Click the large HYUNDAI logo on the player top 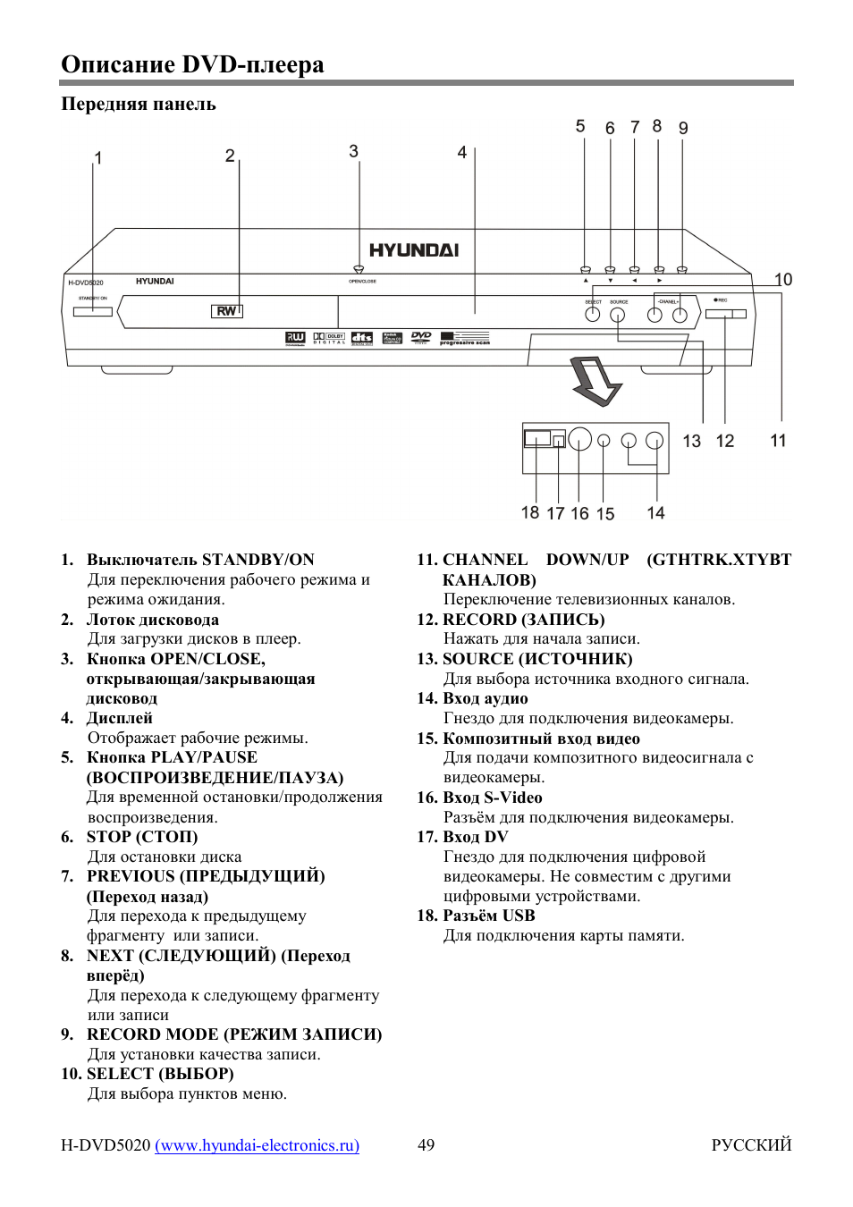click(x=414, y=250)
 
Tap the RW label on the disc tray click(x=227, y=311)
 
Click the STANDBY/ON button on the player click(x=93, y=311)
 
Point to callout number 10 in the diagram click(x=783, y=280)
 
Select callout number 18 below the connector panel click(x=530, y=512)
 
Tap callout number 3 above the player click(x=353, y=151)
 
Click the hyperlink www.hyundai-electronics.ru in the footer click(x=258, y=1145)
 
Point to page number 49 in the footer click(x=426, y=1145)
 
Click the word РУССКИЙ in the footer click(x=751, y=1145)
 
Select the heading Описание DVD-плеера click(x=192, y=64)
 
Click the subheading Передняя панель click(x=139, y=104)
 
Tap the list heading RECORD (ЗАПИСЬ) click(x=524, y=620)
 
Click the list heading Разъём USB click(x=489, y=916)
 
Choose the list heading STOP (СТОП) click(x=142, y=837)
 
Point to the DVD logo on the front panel click(x=421, y=337)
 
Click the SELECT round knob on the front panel click(x=592, y=315)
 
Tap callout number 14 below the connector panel click(x=655, y=513)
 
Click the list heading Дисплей click(x=120, y=718)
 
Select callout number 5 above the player click(x=580, y=126)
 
